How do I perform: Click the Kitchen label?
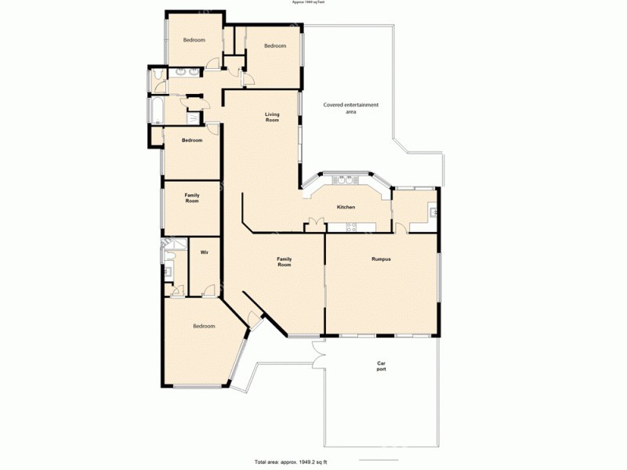tap(346, 208)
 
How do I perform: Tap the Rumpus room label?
tap(381, 258)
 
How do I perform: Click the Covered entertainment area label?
tap(351, 108)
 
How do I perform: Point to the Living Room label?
tap(272, 117)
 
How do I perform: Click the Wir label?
tap(204, 252)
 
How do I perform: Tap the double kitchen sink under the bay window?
tap(343, 181)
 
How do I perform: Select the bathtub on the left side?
tap(154, 110)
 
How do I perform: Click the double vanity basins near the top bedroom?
tap(185, 74)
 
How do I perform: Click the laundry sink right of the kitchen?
tap(432, 210)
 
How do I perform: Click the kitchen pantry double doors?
tap(315, 222)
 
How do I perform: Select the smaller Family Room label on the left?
tap(192, 197)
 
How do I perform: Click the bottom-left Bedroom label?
tap(204, 326)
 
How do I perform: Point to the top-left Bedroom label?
tap(194, 39)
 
